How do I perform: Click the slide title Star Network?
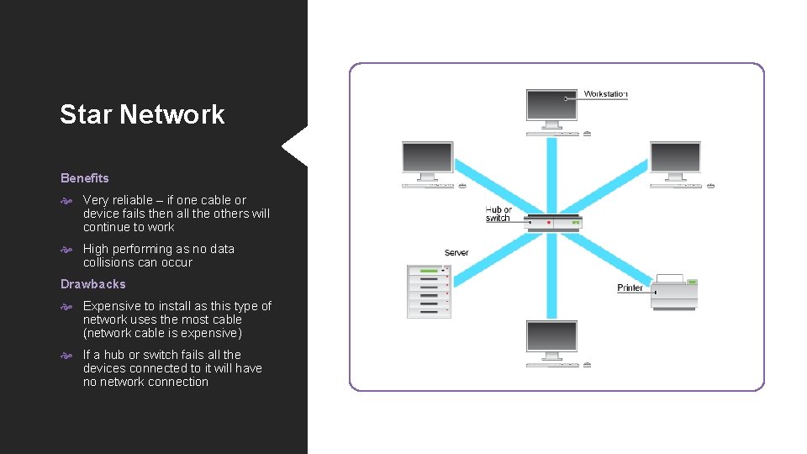[x=142, y=114]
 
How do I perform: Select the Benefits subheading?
[x=85, y=178]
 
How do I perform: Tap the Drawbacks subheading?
[x=93, y=284]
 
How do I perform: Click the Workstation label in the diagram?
[x=605, y=94]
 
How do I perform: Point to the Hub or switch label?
[x=498, y=214]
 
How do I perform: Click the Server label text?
[x=456, y=253]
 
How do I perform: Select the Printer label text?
[x=630, y=288]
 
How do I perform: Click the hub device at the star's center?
[x=553, y=224]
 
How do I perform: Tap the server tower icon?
[x=429, y=291]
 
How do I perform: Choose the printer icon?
[x=675, y=291]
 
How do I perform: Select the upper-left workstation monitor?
[x=428, y=158]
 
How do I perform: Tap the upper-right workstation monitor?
[x=675, y=158]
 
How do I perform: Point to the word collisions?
[x=109, y=262]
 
